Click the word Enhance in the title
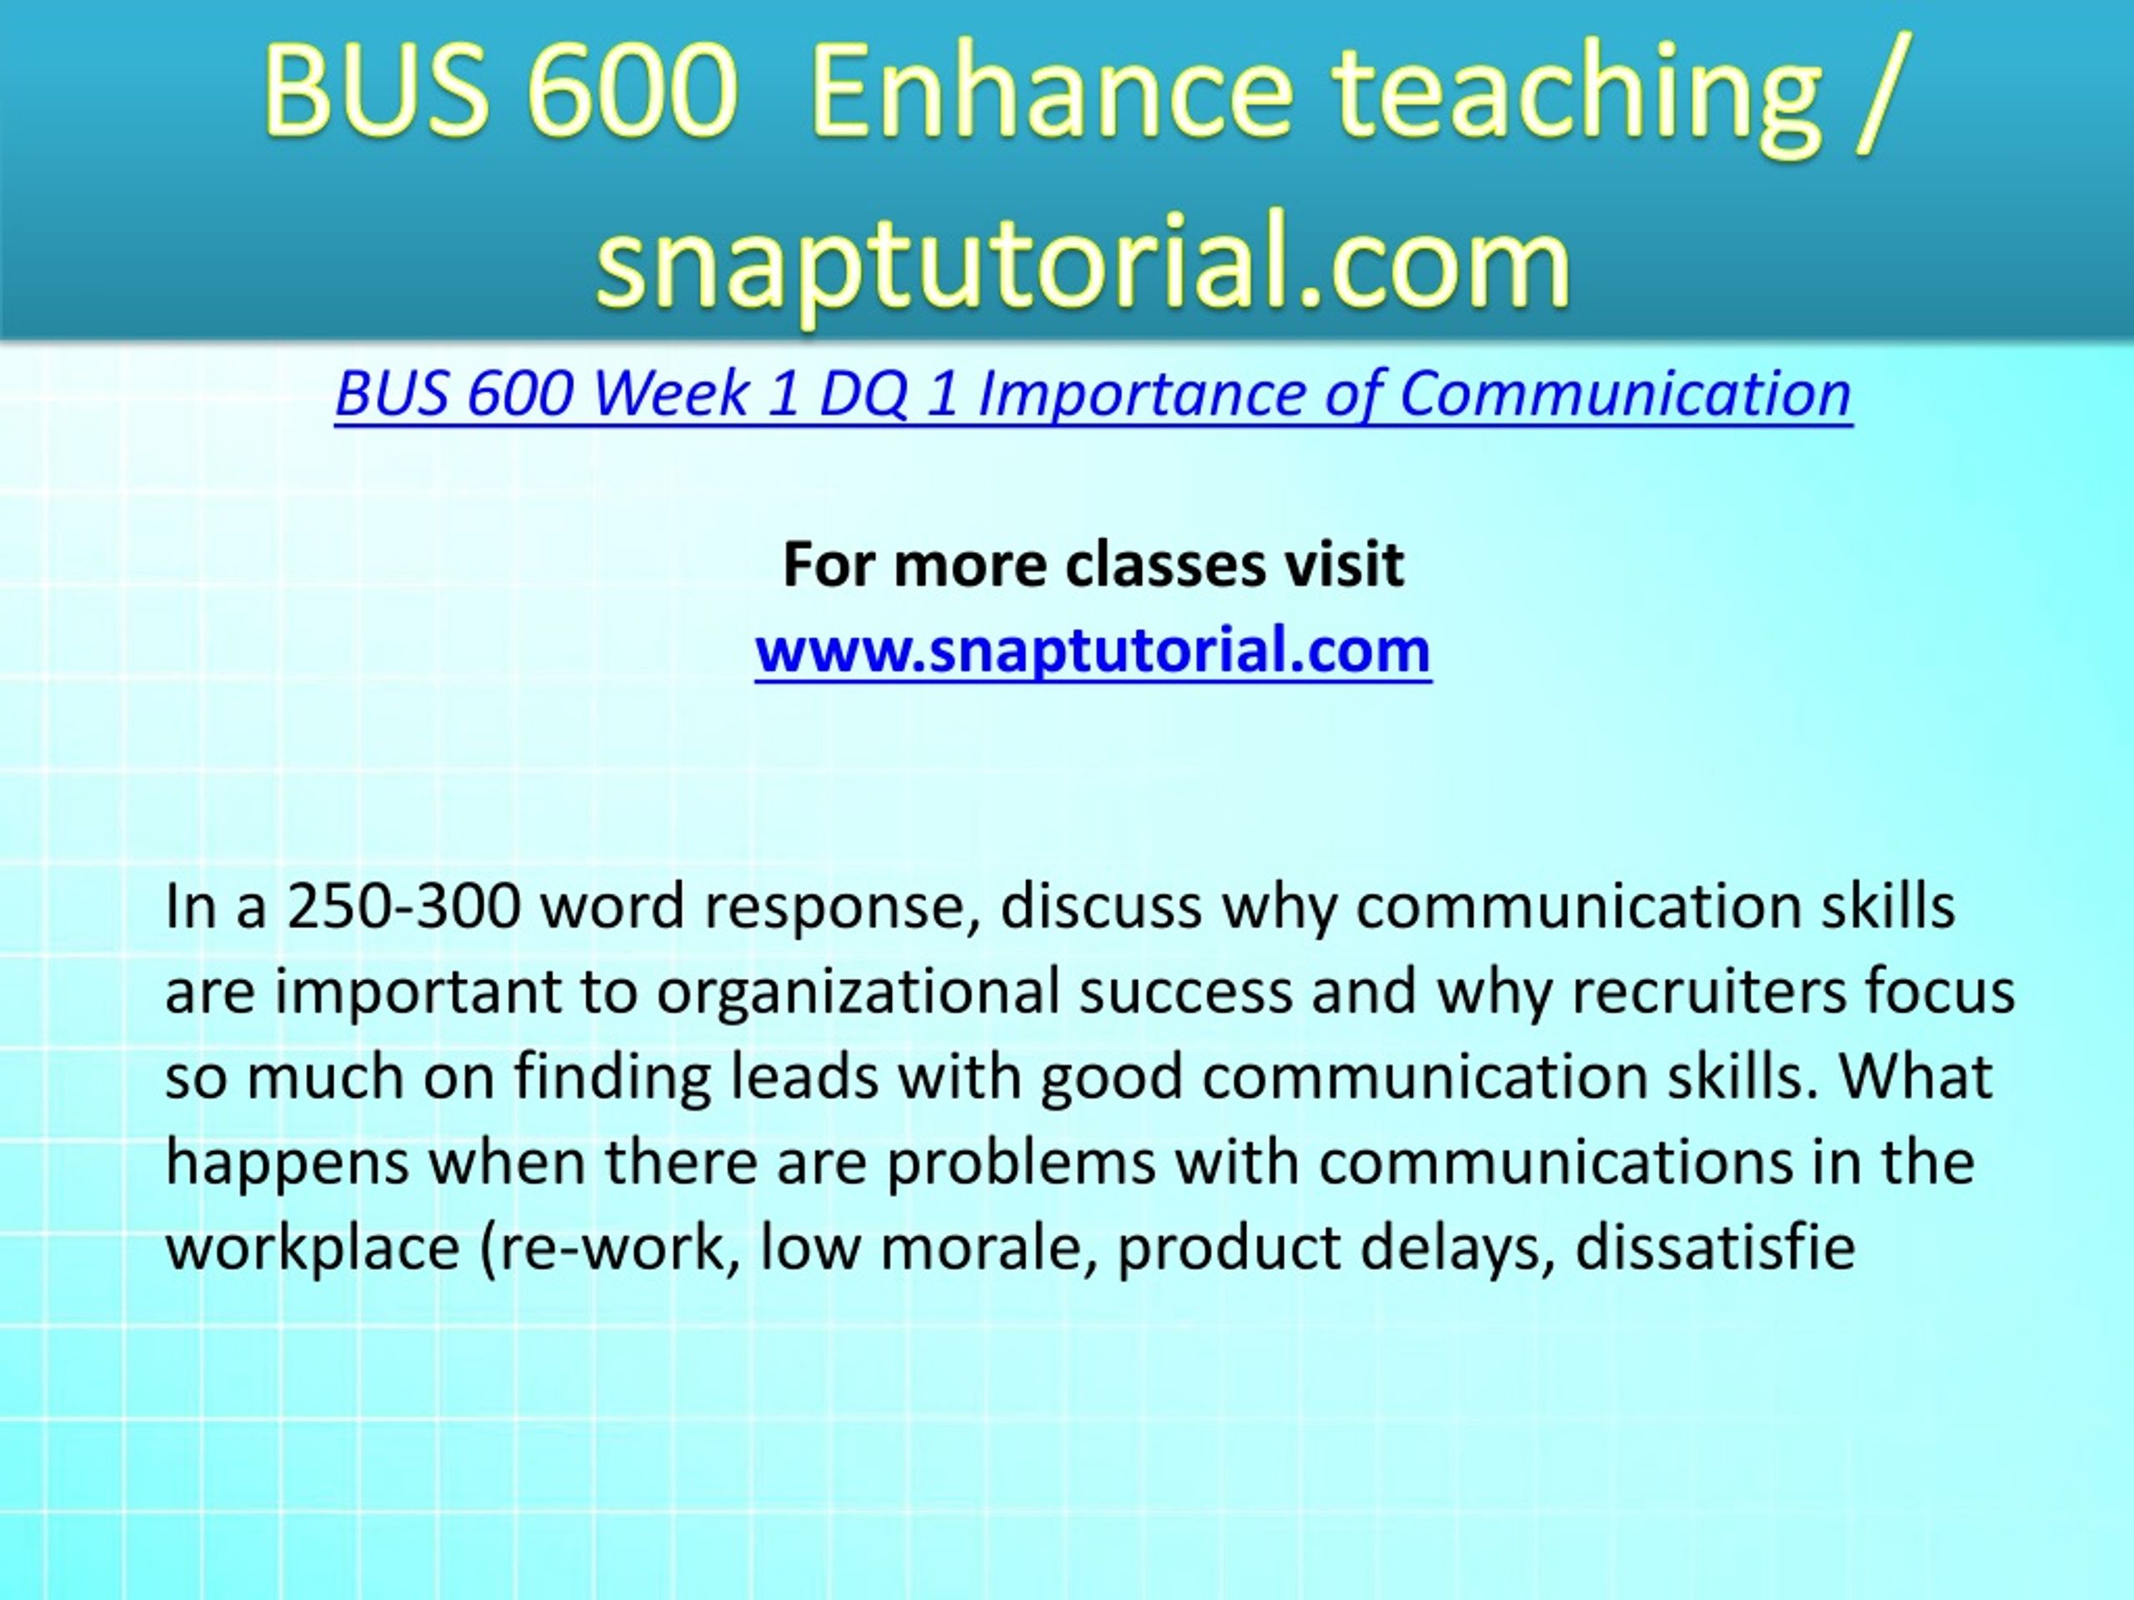click(x=1051, y=91)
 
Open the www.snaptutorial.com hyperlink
click(x=1093, y=651)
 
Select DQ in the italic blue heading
click(x=864, y=397)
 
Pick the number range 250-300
click(x=404, y=907)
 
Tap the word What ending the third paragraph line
click(x=1915, y=1077)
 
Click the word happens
click(x=288, y=1164)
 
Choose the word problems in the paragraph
click(x=1020, y=1164)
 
